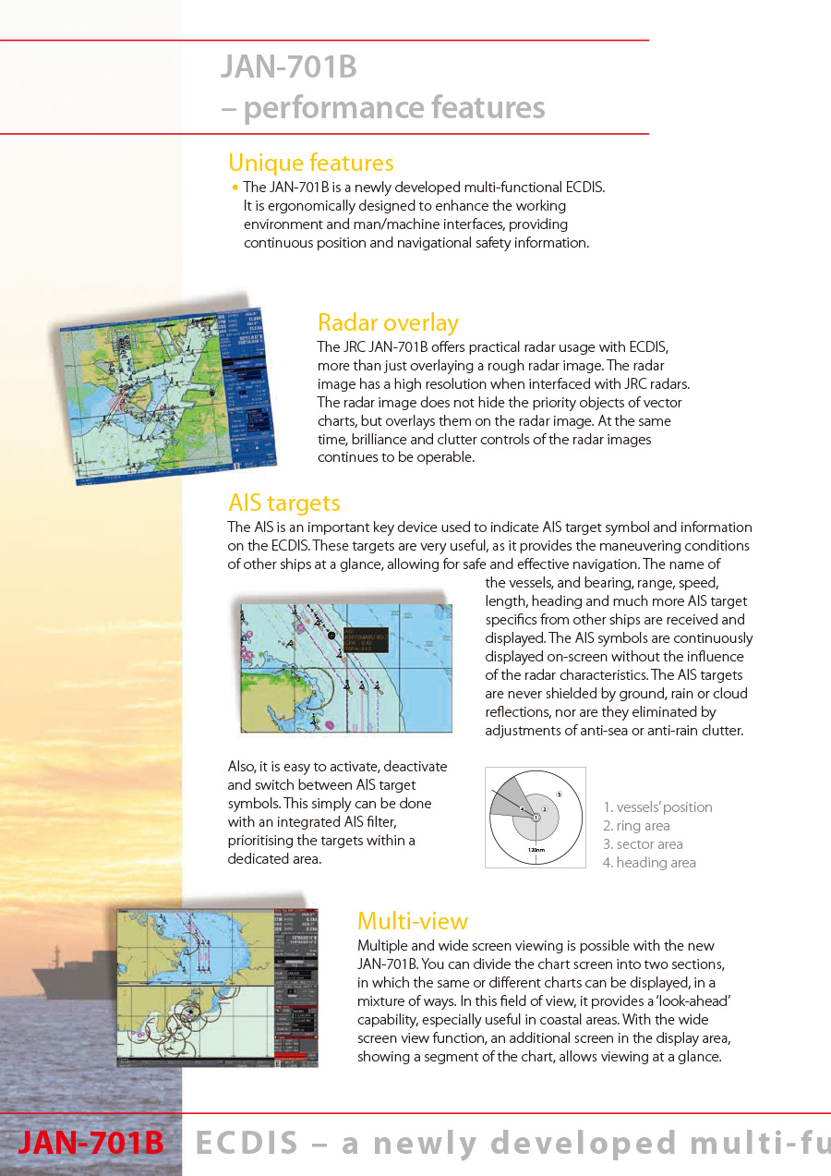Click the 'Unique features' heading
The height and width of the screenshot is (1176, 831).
coord(310,164)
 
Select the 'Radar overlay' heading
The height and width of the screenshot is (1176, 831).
coord(388,322)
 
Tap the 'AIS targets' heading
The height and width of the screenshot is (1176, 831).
coord(284,503)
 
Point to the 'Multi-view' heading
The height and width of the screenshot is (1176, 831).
coord(412,921)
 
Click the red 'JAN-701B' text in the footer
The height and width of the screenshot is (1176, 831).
coord(90,1144)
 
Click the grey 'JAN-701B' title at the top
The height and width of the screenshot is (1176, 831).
coord(288,67)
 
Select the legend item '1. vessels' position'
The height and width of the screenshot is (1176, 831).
coord(657,807)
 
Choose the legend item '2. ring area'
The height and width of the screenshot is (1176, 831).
coord(636,826)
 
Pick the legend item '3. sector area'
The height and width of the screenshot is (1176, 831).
coord(643,844)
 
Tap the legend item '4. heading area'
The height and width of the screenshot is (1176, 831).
coord(649,863)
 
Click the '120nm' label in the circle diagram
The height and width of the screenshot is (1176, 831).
coord(536,849)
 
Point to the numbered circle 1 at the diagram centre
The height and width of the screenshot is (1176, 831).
coord(536,817)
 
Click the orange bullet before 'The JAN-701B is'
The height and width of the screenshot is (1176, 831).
coord(235,188)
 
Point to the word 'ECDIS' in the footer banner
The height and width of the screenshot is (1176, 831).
coord(247,1144)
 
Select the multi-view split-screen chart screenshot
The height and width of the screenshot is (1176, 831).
coord(217,988)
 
